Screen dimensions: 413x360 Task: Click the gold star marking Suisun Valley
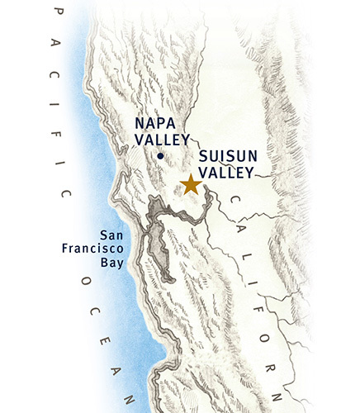click(x=190, y=184)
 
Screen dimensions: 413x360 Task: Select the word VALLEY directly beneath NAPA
click(x=163, y=140)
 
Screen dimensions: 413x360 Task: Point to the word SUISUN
click(x=226, y=158)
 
